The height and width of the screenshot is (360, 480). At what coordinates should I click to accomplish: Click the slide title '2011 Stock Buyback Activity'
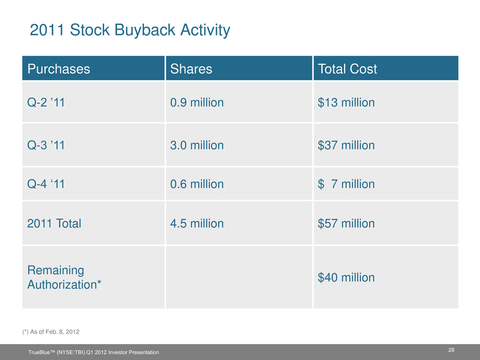130,31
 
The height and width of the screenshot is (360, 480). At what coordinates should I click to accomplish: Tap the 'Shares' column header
191,69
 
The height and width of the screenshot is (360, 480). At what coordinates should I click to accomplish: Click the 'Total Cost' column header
347,69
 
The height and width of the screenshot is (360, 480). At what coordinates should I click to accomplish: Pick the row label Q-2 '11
46,103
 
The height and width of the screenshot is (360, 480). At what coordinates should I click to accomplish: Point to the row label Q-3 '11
46,146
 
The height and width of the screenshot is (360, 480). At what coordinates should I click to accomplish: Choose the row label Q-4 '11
46,184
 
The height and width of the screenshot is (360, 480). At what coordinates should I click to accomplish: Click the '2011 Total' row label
54,224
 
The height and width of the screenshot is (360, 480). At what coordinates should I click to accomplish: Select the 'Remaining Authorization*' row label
63,277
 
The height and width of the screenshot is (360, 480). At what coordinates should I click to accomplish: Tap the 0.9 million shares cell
197,103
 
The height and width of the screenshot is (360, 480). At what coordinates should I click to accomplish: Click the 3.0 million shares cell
197,146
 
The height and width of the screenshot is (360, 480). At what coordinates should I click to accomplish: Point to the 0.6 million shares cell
197,184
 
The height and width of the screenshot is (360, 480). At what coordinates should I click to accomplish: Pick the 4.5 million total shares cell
197,224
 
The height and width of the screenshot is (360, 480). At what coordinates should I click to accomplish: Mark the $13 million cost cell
346,103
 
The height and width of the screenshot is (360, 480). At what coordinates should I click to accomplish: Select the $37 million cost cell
346,146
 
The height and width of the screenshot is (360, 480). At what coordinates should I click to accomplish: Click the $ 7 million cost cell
346,184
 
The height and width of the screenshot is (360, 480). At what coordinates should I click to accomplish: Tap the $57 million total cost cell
346,224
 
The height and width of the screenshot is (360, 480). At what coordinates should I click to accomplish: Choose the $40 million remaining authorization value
346,278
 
